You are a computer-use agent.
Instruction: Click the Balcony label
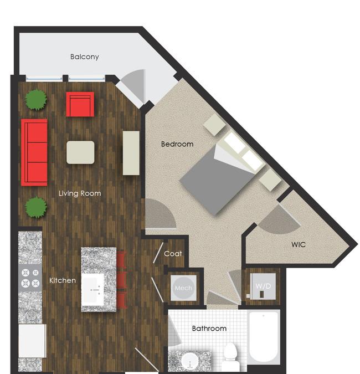click(84, 57)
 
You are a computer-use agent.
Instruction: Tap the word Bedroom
click(177, 144)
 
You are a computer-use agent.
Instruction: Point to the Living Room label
click(80, 193)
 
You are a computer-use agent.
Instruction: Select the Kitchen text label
click(63, 280)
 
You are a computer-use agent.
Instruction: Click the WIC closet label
click(299, 244)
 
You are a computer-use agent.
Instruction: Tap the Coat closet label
click(173, 254)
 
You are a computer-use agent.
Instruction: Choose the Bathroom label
click(209, 329)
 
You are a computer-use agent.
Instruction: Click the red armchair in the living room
click(80, 104)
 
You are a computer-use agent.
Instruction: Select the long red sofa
click(34, 152)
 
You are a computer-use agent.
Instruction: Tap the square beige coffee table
click(80, 152)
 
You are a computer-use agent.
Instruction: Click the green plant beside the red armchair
click(36, 100)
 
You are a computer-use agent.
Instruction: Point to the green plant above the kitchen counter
click(36, 207)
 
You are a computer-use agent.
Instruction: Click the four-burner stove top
click(30, 278)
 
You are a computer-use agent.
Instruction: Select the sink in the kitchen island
click(93, 290)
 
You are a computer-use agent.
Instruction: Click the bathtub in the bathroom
click(264, 337)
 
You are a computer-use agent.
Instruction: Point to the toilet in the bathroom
click(230, 356)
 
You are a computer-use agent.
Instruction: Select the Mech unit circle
click(183, 288)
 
